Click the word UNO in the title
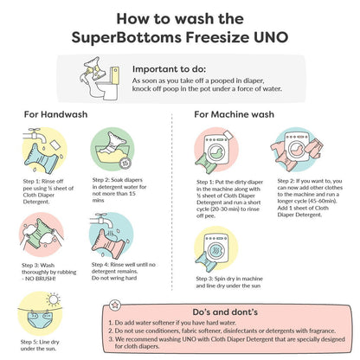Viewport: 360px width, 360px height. click(x=271, y=37)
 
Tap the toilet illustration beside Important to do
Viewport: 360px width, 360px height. click(x=108, y=84)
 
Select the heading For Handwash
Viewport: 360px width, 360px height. click(x=55, y=114)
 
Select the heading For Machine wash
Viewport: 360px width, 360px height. click(x=234, y=114)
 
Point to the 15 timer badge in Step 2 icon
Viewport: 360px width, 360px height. click(x=125, y=164)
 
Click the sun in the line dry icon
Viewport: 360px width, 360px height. click(x=54, y=299)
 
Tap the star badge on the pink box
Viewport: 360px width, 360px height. click(x=115, y=305)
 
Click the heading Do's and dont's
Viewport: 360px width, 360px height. click(x=225, y=312)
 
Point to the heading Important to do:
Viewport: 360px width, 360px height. click(x=169, y=69)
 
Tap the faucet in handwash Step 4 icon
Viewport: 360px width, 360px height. click(x=100, y=220)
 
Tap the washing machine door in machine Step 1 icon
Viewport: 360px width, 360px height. click(x=216, y=151)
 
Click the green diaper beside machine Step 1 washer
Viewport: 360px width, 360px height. click(x=206, y=163)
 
